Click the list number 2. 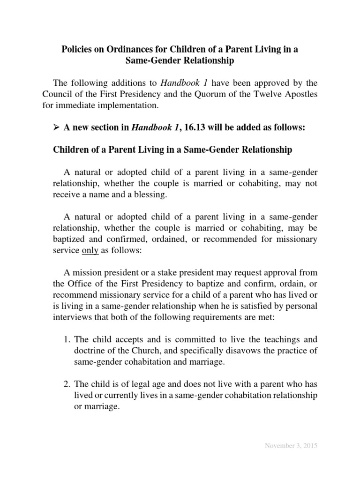coord(66,385)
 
